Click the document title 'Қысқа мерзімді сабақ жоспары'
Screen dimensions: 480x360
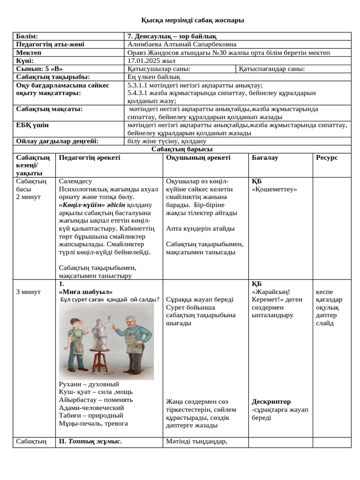click(x=193, y=20)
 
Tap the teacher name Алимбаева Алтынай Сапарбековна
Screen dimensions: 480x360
click(x=182, y=45)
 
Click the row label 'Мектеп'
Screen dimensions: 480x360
click(x=29, y=52)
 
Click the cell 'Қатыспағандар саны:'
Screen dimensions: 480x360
click(x=272, y=69)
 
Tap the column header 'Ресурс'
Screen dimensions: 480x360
click(x=327, y=157)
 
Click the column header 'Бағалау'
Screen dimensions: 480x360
click(x=265, y=157)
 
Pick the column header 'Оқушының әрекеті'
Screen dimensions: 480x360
click(x=198, y=157)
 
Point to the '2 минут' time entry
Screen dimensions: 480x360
click(x=29, y=197)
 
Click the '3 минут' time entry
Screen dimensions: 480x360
click(x=29, y=292)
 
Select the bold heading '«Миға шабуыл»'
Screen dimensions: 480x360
click(x=86, y=292)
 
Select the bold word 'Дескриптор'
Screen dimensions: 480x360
click(x=271, y=402)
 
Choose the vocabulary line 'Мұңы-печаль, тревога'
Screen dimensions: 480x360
click(x=93, y=423)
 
